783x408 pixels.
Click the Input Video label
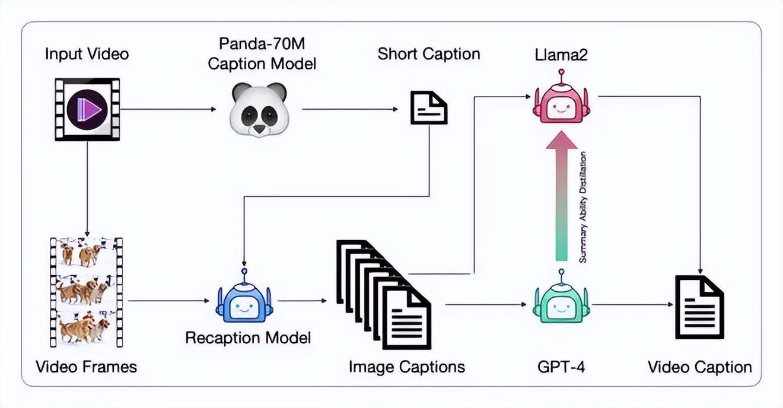click(x=87, y=54)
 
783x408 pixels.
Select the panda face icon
click(x=259, y=109)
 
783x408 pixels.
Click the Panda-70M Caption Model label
click(x=262, y=54)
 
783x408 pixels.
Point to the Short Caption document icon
click(x=429, y=107)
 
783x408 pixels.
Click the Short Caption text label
click(x=429, y=54)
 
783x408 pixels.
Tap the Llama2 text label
click(x=561, y=55)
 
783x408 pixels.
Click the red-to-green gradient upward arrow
click(x=561, y=196)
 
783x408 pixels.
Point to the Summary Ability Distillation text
click(x=583, y=207)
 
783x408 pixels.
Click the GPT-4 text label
click(x=561, y=367)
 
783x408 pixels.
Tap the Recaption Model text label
click(x=248, y=338)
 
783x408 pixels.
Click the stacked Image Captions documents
click(x=383, y=295)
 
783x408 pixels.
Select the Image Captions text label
click(x=407, y=367)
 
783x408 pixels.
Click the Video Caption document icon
click(x=699, y=307)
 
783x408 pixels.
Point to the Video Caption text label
click(x=700, y=367)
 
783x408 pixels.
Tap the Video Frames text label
click(x=87, y=367)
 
